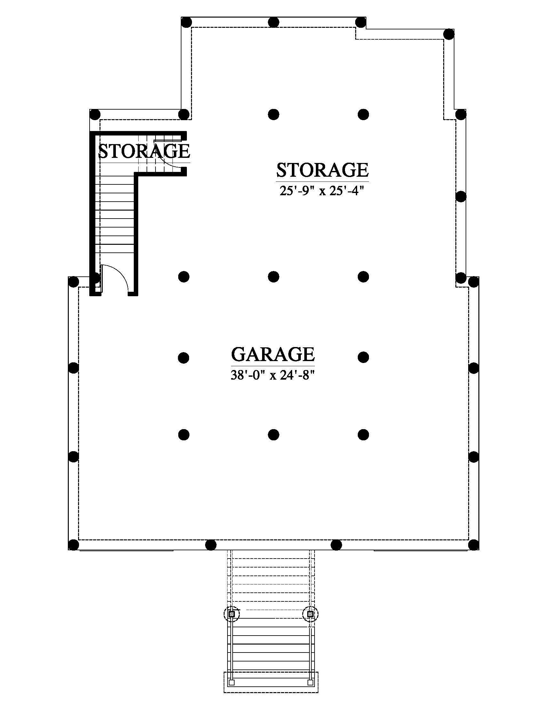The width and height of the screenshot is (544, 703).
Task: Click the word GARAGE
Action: pos(273,354)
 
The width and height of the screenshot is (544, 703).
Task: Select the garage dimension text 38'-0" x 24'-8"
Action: pos(273,375)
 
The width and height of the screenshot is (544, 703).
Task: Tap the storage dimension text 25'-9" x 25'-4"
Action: pos(322,191)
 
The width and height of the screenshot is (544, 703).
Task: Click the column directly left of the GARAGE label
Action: pos(183,357)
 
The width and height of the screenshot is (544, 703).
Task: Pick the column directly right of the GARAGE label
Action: pos(363,357)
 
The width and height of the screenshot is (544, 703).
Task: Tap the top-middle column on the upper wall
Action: pos(273,22)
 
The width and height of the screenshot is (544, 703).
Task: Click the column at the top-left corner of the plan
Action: pos(187,22)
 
